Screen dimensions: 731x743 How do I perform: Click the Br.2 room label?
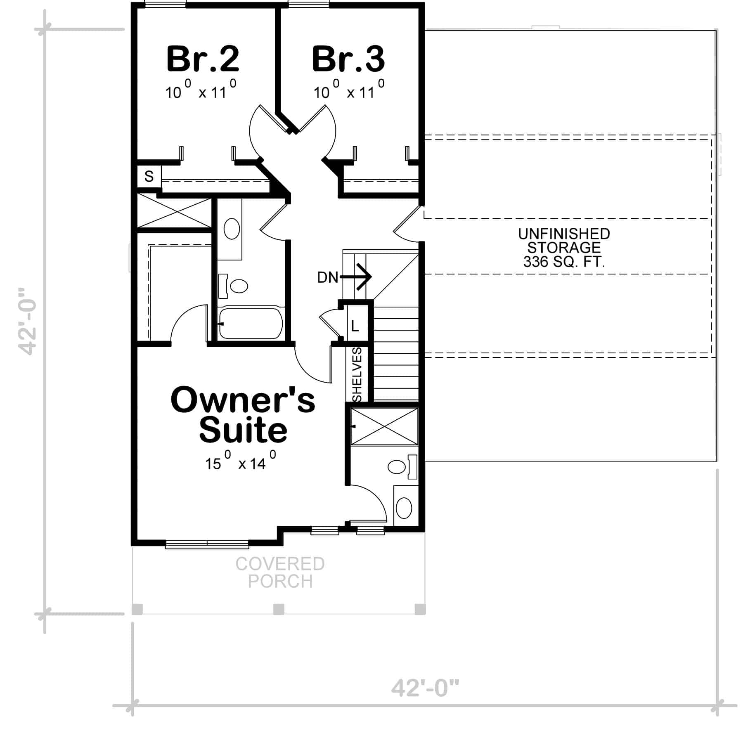click(203, 59)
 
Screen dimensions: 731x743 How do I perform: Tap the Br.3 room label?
click(349, 59)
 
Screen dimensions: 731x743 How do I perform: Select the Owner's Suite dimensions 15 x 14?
click(241, 462)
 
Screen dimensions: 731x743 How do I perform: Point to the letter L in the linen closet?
click(355, 326)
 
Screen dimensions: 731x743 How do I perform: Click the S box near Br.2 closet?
click(149, 177)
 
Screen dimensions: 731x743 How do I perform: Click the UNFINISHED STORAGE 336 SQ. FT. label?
click(564, 248)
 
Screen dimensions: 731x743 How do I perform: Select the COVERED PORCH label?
click(280, 572)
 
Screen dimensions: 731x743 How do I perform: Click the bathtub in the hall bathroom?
click(251, 323)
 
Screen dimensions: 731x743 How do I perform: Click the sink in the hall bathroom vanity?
click(232, 229)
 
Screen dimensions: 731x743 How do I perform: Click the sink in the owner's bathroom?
click(404, 508)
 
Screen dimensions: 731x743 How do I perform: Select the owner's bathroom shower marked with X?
click(384, 426)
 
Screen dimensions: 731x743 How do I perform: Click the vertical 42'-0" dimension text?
click(28, 322)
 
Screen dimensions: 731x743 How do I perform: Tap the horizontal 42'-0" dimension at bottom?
click(425, 688)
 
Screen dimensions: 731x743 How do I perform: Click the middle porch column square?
click(279, 609)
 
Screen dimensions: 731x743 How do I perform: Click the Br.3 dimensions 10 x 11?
click(349, 92)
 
